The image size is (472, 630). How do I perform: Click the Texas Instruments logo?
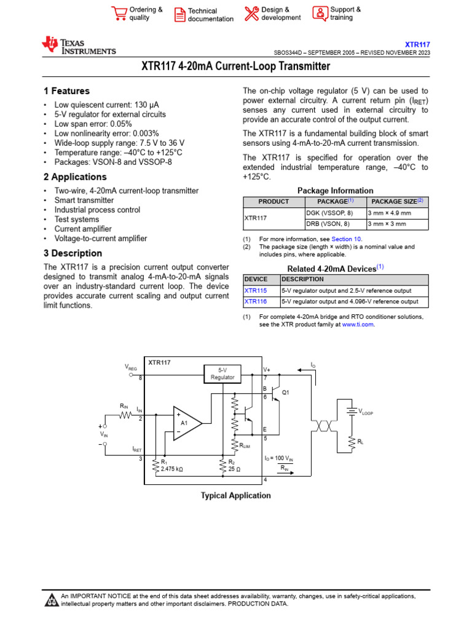[x=78, y=46]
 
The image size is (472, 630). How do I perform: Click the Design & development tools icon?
[x=251, y=14]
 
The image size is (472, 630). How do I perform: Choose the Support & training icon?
[x=320, y=13]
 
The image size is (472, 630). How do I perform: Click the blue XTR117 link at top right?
[x=417, y=44]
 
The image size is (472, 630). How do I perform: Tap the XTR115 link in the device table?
[x=256, y=290]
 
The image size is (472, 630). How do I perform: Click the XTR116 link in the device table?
[x=256, y=301]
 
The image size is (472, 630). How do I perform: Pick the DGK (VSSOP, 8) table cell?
[x=329, y=212]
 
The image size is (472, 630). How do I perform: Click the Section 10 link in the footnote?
[x=347, y=239]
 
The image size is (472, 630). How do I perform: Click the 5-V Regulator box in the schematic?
[x=222, y=373]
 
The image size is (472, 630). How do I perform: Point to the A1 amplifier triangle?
[x=186, y=423]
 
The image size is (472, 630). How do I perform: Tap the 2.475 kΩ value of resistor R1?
[x=171, y=469]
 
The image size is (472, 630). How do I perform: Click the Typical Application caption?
[x=235, y=495]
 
